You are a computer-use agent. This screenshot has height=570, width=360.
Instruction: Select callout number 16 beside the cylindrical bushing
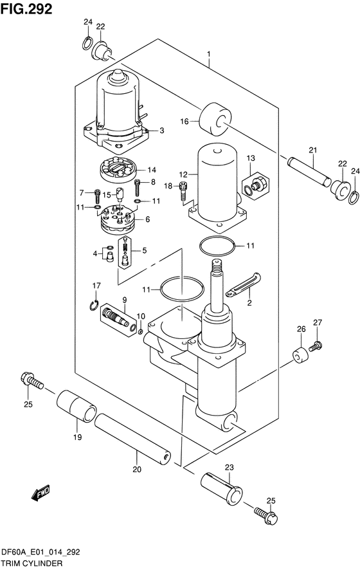[x=184, y=121]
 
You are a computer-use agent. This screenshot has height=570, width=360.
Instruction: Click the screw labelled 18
[x=183, y=190]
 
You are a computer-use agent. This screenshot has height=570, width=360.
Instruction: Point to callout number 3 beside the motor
[x=161, y=131]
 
